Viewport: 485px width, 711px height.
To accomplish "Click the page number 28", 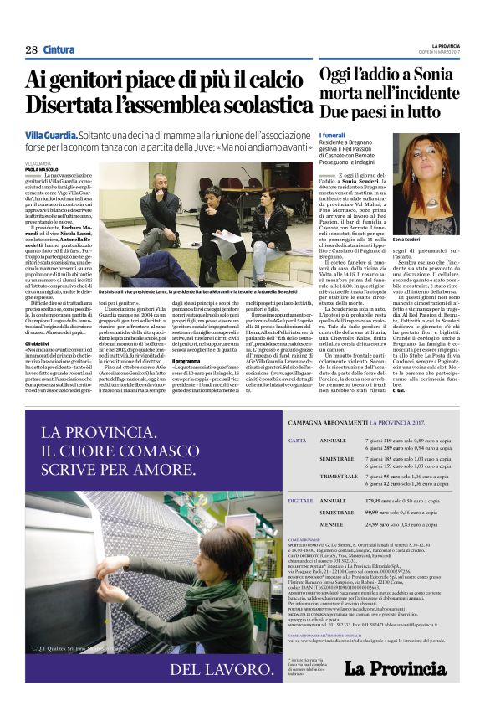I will [x=31, y=49].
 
